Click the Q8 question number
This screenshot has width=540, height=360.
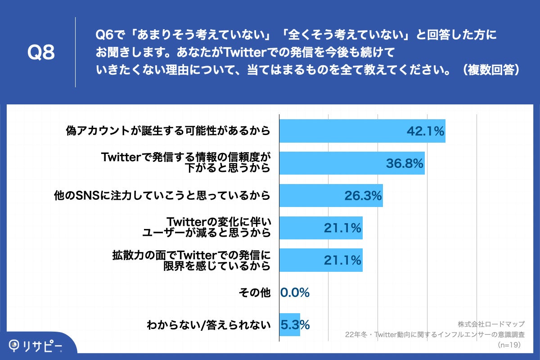click(41, 53)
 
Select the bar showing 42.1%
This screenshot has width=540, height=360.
click(342, 131)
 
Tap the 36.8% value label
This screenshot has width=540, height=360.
click(405, 163)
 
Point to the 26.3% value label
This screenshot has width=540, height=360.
click(363, 196)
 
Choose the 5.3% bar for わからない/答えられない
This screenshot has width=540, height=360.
click(290, 324)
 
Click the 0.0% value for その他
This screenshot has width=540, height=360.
click(295, 292)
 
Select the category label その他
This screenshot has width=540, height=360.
click(254, 292)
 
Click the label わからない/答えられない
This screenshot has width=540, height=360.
click(208, 325)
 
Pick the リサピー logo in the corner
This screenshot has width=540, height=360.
click(36, 345)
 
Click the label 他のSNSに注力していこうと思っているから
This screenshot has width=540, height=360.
click(162, 196)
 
